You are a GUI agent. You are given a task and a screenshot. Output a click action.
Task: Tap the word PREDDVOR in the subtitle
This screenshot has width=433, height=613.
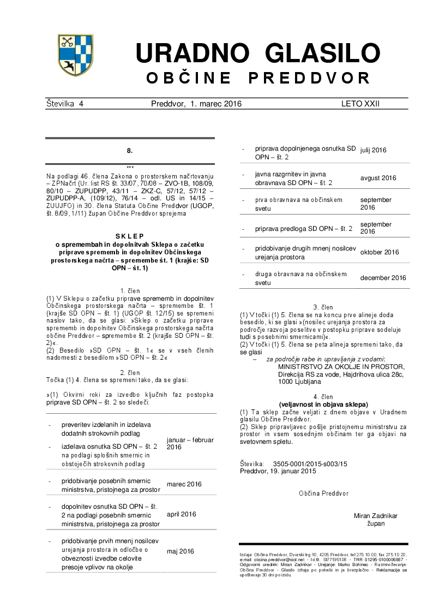(x=309, y=78)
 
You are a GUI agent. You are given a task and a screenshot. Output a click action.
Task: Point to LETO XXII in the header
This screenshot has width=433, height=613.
(x=360, y=103)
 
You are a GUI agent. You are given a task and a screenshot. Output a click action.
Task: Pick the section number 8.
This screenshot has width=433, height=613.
(x=130, y=150)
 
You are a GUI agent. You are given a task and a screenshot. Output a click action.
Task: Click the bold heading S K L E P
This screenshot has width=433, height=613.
(x=130, y=236)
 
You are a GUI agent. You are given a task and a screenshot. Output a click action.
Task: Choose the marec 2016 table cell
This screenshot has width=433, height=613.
(x=184, y=484)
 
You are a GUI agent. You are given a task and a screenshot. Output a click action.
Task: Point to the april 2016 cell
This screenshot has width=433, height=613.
(x=181, y=514)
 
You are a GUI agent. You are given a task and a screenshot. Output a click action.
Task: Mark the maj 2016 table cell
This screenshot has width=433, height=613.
(x=180, y=551)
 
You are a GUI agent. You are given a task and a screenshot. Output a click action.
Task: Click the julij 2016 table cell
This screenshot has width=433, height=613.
(x=374, y=150)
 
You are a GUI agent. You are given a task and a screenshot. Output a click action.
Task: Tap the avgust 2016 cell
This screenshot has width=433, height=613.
(x=378, y=178)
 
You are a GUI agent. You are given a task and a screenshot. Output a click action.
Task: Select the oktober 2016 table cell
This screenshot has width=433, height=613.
(x=379, y=252)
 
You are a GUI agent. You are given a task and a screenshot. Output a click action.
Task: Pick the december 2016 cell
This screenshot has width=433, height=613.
(x=383, y=278)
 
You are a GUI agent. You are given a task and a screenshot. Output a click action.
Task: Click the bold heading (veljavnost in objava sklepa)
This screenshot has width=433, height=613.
(x=323, y=404)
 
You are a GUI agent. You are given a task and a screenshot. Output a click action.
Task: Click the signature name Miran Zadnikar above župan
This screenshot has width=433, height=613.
(x=376, y=515)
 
